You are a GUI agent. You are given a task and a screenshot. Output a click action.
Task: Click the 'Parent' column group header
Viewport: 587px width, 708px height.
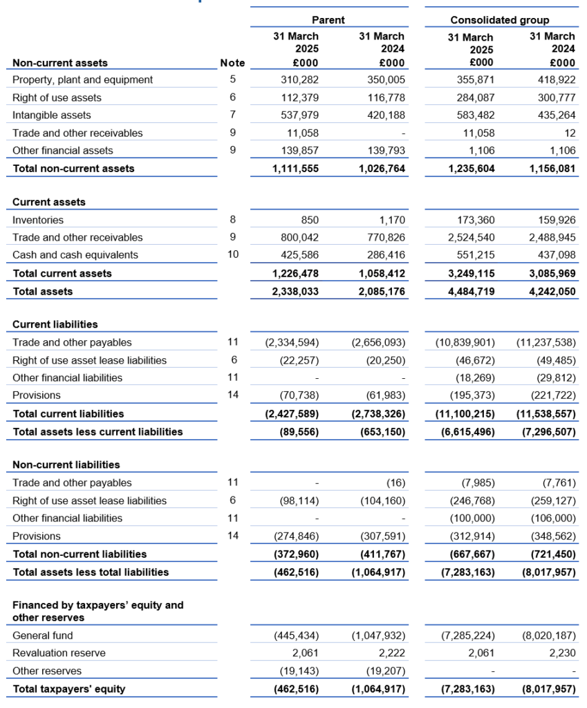pos(328,20)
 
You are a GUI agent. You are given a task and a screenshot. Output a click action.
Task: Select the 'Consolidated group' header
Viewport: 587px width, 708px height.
pos(499,20)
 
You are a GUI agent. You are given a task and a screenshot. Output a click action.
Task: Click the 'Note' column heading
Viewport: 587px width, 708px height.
pos(232,63)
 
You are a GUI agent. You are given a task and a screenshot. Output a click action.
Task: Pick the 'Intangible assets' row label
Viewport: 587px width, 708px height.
pos(52,115)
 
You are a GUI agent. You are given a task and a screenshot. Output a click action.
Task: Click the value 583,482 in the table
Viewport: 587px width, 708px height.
pos(472,115)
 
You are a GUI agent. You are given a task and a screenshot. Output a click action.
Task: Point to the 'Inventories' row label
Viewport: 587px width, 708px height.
pos(38,221)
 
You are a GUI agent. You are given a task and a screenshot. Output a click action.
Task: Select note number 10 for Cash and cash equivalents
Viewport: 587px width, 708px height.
pos(233,255)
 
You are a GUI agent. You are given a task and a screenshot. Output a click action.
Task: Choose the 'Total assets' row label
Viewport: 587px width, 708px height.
pos(43,292)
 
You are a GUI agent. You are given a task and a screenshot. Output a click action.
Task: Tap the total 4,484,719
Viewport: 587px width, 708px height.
pos(468,292)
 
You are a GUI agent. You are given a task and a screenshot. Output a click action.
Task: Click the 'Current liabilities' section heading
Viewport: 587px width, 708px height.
pos(55,324)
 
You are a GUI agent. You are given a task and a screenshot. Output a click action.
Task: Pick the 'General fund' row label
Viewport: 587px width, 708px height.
pos(43,636)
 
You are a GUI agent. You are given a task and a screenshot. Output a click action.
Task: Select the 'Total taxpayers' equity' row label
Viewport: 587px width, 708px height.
pos(69,689)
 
